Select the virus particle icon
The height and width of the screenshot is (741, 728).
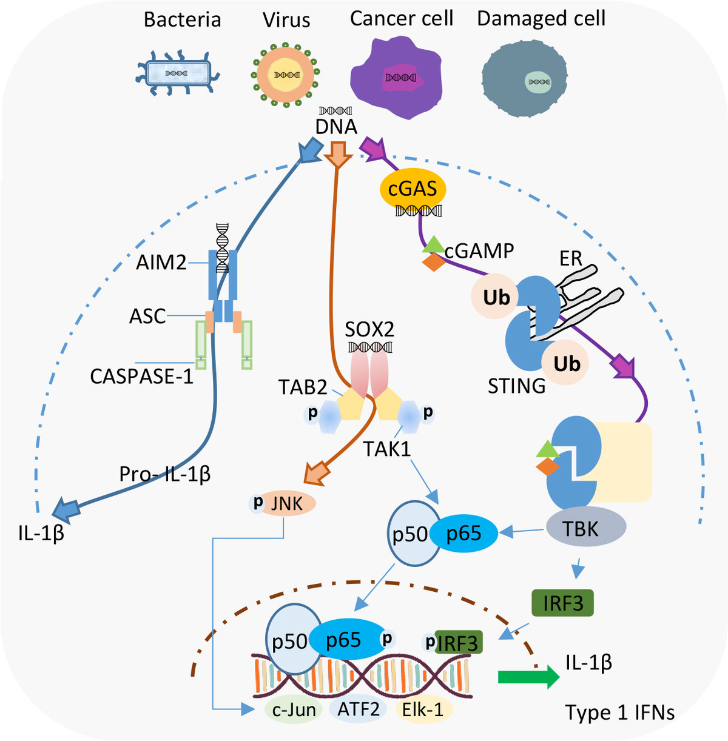pos(286,74)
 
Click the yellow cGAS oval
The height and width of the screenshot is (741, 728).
pos(413,189)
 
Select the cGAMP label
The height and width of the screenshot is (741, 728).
pos(479,250)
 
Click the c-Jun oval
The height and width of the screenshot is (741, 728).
pos(294,709)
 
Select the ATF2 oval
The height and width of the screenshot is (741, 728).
pos(359,709)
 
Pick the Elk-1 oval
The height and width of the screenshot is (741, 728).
pos(423,709)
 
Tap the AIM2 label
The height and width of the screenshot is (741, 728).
pos(161,263)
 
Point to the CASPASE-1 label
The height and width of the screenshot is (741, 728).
pos(141,377)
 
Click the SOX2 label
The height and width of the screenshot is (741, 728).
pos(369,329)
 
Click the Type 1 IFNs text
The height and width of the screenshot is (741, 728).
pos(619,712)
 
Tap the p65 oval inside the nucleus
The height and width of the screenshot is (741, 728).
pos(345,640)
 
